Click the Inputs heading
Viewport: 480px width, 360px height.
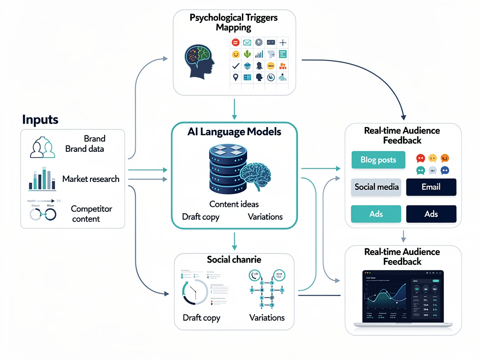pos(40,120)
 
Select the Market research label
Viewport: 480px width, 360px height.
pos(90,179)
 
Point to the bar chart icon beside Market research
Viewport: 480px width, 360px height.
pos(41,179)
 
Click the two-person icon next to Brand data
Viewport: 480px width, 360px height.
pos(42,147)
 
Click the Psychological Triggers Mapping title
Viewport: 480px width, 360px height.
pos(233,22)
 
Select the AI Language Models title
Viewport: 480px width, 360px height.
pos(234,132)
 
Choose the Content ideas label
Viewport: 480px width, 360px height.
pos(234,204)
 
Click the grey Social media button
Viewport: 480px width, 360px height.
pos(376,187)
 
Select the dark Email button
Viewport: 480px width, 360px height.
pos(431,187)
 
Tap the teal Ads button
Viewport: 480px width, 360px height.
pos(376,214)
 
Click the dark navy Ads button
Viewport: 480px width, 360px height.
pos(431,214)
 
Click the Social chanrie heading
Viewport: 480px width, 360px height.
pos(234,260)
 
